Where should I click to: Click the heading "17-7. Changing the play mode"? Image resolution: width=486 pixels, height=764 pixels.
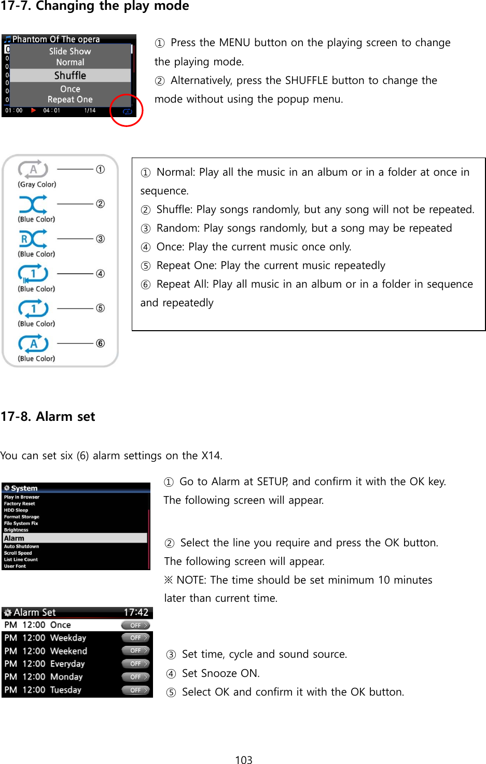coord(95,6)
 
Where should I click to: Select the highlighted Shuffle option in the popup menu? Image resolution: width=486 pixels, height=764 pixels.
coord(70,76)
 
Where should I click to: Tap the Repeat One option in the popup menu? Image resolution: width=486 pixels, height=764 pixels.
coord(70,100)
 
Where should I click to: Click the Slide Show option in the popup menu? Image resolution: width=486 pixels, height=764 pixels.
coord(70,51)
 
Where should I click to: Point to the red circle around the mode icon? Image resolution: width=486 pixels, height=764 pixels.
coord(126,110)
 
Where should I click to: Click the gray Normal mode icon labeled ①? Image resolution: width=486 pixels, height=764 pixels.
coord(33,169)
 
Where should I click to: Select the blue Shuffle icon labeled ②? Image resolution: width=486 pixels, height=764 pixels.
coord(33,204)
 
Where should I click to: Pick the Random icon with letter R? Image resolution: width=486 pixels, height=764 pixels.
coord(33,239)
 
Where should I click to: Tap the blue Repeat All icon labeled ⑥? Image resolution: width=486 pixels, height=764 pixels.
coord(33,343)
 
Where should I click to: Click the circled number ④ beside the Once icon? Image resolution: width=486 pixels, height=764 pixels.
coord(100,274)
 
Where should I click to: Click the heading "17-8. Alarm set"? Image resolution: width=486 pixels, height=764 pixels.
coord(48,417)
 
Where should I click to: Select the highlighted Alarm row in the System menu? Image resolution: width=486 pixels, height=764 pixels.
coord(75,538)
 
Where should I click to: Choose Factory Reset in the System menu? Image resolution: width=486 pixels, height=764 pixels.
coord(20,503)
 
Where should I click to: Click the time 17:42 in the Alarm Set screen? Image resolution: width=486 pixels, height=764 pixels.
coord(136,612)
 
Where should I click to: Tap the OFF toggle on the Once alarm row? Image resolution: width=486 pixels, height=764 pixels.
coord(136,625)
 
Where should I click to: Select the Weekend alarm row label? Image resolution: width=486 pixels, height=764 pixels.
coord(68,651)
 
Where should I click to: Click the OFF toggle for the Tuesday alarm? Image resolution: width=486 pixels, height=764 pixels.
coord(136,690)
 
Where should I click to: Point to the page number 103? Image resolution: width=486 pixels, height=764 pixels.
coord(243,760)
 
